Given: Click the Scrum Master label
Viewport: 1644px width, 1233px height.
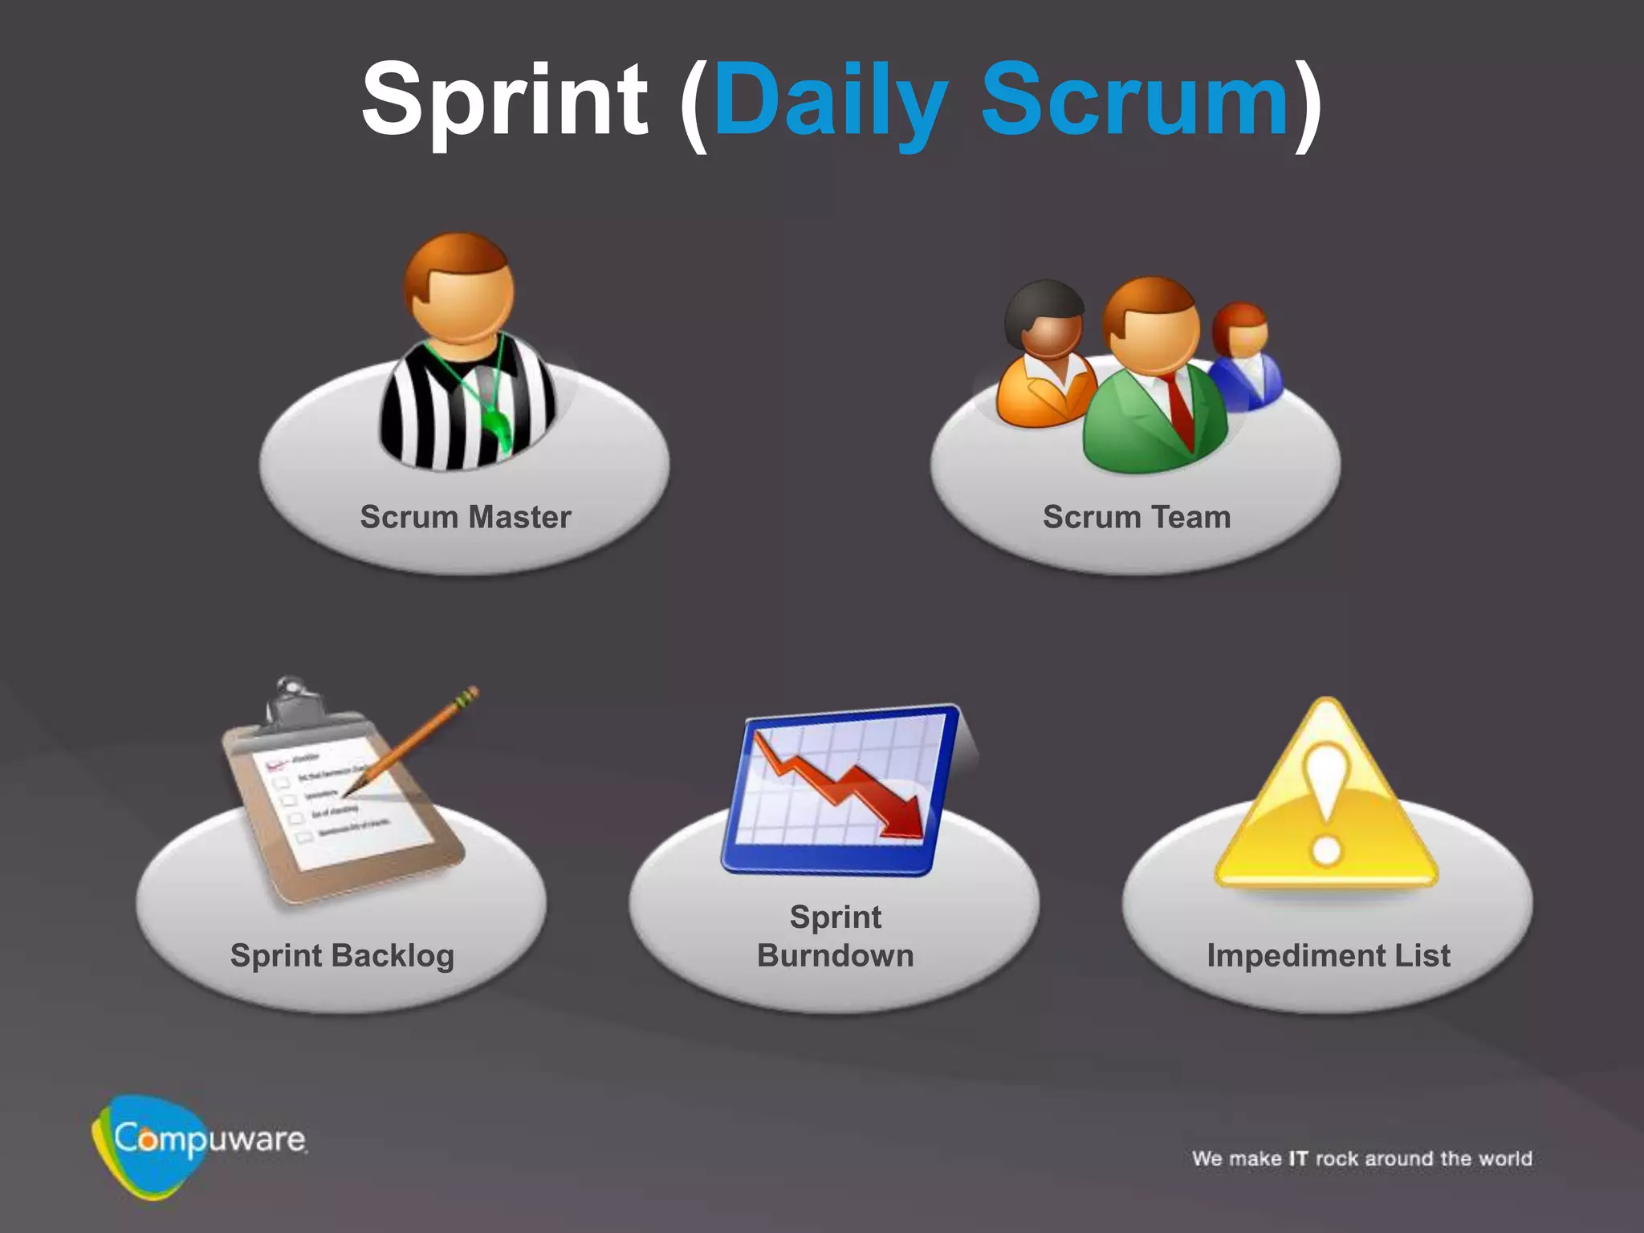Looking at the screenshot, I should coord(466,517).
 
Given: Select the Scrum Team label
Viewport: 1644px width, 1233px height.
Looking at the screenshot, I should coord(1136,517).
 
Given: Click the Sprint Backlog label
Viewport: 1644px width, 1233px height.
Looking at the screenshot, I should coord(342,955).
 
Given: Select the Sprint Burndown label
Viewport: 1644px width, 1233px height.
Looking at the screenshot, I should coord(835,936).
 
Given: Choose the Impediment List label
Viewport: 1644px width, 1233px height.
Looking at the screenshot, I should coord(1329,955).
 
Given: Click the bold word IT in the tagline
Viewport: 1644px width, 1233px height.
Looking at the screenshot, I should coord(1298,1158).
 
